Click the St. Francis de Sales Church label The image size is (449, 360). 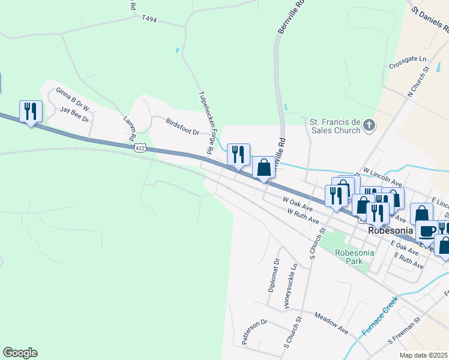[334, 126]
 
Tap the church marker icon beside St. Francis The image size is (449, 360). [369, 125]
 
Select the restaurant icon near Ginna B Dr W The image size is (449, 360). [31, 112]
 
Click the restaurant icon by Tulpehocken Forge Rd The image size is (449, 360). [238, 155]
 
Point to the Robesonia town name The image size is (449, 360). [391, 230]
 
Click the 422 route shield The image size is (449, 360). [140, 147]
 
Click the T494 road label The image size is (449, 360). [149, 19]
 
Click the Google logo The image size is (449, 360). [20, 353]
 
